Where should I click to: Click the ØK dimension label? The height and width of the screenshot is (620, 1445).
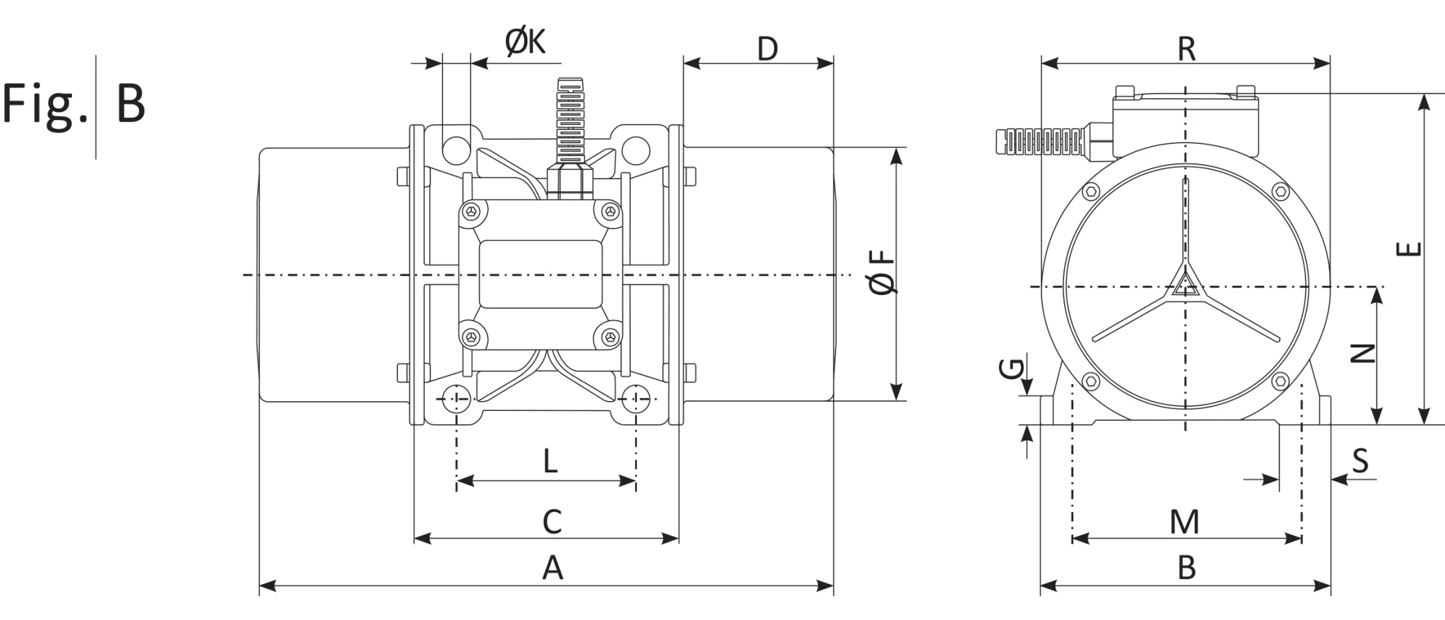[526, 42]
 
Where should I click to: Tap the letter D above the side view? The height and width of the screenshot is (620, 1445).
[767, 49]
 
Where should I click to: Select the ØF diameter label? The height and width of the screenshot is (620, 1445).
[883, 273]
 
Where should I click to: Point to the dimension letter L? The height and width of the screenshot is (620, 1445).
[550, 461]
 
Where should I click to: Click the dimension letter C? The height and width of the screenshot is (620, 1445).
[552, 522]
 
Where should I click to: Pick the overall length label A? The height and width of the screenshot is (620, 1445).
[552, 568]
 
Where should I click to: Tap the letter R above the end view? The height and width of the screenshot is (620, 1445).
[1187, 49]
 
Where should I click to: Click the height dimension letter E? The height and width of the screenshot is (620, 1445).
[1410, 249]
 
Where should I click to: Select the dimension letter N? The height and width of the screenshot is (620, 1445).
[1363, 352]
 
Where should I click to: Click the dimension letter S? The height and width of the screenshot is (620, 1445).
[1360, 461]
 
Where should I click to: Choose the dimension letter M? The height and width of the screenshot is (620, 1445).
[1185, 523]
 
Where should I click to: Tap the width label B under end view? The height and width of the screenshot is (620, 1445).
[1187, 568]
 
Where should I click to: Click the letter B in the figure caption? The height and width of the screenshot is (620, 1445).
[131, 103]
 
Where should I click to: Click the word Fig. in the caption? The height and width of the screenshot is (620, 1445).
[45, 103]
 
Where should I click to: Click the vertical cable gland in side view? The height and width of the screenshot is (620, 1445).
[569, 134]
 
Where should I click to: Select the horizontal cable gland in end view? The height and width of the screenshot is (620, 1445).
[1041, 141]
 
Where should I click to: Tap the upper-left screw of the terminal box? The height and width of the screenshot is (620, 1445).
[472, 210]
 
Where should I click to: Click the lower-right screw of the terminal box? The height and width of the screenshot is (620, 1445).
[608, 337]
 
